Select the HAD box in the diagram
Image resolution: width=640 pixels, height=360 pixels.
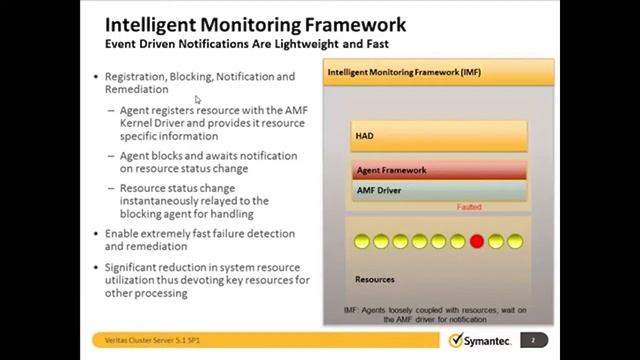(x=439, y=135)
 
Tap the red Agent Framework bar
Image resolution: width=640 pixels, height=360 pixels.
(x=439, y=170)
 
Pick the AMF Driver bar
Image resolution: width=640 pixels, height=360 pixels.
(x=439, y=189)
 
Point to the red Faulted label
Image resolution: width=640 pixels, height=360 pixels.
(x=469, y=207)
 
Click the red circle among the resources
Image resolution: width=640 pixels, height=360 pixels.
(x=476, y=241)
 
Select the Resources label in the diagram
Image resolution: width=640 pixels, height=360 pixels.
(x=375, y=279)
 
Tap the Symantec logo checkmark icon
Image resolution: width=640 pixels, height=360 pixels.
(x=457, y=340)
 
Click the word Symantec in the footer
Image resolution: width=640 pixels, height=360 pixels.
(x=492, y=341)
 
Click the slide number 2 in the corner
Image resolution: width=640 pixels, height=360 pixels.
(x=533, y=340)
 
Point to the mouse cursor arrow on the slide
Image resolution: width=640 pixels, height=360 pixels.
(x=198, y=99)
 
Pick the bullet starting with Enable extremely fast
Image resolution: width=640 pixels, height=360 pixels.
(x=200, y=239)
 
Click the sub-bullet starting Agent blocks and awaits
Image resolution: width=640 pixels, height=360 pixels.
(x=208, y=162)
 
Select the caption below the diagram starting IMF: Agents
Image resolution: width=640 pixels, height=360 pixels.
(x=439, y=314)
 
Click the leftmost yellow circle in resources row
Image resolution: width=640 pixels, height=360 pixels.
(x=361, y=241)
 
